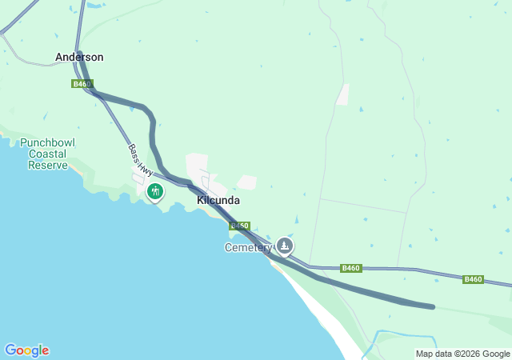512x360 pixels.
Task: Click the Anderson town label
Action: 79,58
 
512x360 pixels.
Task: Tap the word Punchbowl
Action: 47,142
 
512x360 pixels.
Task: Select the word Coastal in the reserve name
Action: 47,154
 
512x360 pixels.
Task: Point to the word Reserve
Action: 47,165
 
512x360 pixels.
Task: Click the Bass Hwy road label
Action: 140,160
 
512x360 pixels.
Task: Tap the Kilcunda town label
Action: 218,201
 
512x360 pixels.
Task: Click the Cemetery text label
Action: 248,247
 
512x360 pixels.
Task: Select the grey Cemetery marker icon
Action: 285,245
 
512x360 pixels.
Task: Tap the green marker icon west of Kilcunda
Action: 155,191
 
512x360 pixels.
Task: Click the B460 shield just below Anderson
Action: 82,84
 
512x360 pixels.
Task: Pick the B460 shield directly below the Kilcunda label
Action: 240,226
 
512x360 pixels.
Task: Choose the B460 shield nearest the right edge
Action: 473,279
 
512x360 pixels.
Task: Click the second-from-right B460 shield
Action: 350,268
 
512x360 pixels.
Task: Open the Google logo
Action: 26,350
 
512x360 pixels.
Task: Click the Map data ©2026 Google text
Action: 462,354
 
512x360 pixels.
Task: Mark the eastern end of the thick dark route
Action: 432,306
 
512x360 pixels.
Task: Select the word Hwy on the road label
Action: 146,168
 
